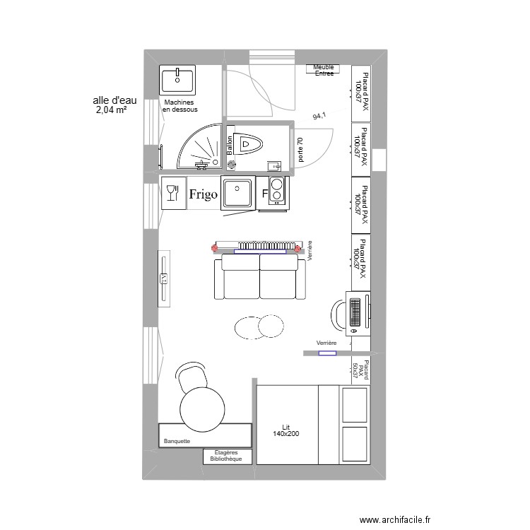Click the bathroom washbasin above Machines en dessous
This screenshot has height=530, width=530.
coord(178,81)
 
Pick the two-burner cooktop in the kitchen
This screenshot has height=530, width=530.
coord(277,191)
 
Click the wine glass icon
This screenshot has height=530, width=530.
coord(171,192)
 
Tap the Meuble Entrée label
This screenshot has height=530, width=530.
coord(324,69)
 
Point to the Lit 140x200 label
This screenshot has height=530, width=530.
coord(285,430)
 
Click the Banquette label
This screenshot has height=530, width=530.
coord(177,441)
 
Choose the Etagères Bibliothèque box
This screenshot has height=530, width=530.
coord(228,456)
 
